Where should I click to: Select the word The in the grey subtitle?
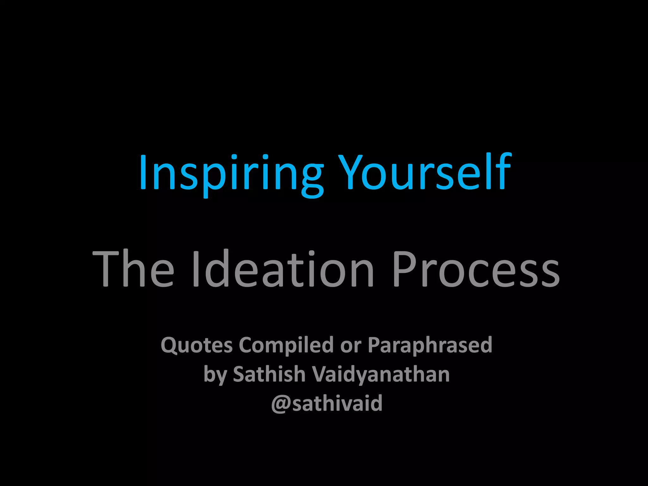(x=133, y=269)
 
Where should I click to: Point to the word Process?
(x=476, y=269)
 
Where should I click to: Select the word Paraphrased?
(x=430, y=345)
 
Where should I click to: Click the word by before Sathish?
(x=215, y=375)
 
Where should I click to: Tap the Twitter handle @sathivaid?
(x=327, y=403)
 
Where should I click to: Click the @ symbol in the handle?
(x=281, y=404)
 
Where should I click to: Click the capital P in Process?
(x=403, y=269)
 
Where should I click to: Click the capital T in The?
(x=105, y=269)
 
